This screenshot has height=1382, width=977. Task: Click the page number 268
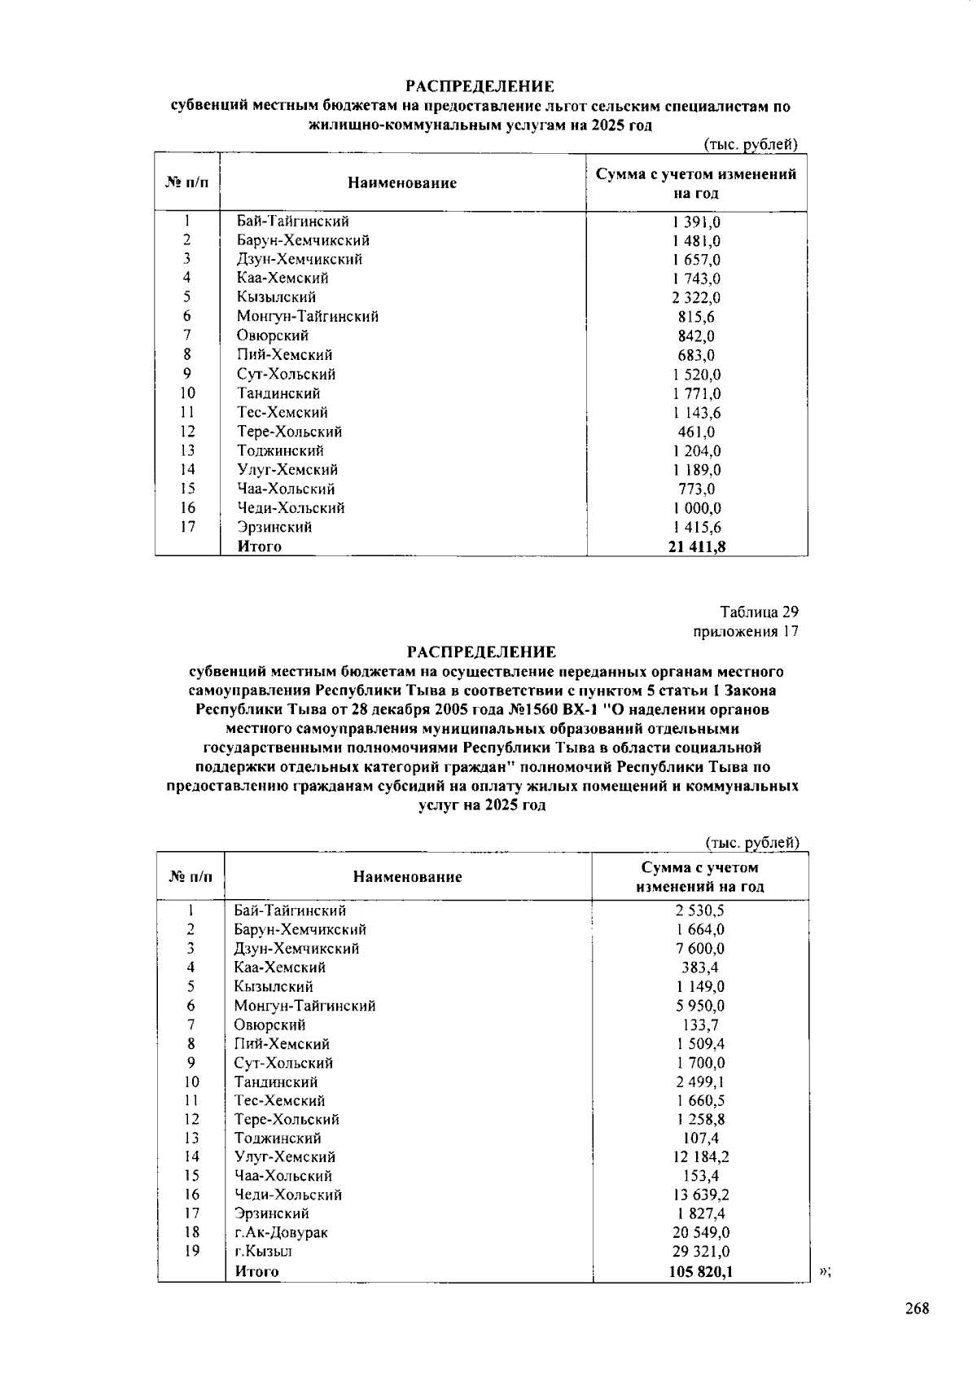click(x=916, y=1310)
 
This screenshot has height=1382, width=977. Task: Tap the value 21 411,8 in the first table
click(x=696, y=546)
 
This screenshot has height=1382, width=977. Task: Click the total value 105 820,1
click(x=700, y=1271)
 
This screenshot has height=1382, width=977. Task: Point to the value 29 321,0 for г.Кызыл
click(x=700, y=1252)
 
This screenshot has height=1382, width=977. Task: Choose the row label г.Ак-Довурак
click(x=281, y=1233)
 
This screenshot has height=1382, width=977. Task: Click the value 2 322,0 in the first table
click(x=696, y=298)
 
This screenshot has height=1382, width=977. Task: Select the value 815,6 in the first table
click(x=696, y=317)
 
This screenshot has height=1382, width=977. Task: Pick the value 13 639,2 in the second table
click(x=700, y=1195)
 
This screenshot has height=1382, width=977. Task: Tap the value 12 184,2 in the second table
click(x=700, y=1157)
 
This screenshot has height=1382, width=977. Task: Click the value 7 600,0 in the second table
click(x=700, y=949)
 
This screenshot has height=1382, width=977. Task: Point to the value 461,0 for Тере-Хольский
click(x=696, y=432)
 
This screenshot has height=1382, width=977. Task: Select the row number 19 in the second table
click(x=191, y=1252)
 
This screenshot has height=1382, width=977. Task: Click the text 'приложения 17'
click(x=746, y=632)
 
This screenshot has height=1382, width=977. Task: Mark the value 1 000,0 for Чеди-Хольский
click(x=696, y=508)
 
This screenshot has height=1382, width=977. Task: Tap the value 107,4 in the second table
click(x=700, y=1139)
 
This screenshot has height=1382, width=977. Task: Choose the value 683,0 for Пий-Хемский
click(x=696, y=355)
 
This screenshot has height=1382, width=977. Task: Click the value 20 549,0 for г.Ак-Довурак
click(x=700, y=1233)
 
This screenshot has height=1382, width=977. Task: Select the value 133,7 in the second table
click(x=700, y=1025)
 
